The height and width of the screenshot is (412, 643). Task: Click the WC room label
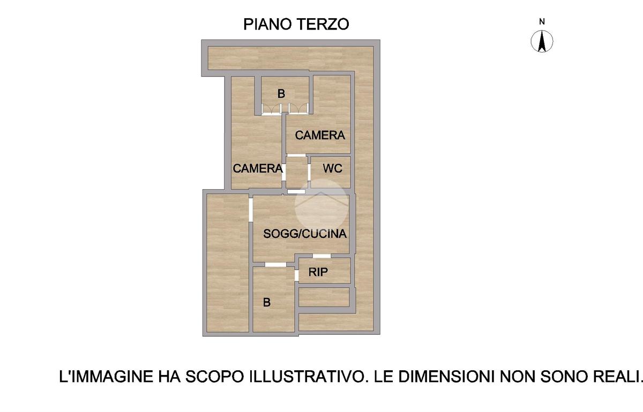(x=332, y=168)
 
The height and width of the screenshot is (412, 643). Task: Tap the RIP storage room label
(x=318, y=272)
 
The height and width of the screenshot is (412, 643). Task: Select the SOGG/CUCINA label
(x=305, y=234)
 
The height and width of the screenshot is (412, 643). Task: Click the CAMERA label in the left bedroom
(x=258, y=168)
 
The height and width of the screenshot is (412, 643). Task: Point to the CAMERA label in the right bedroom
(x=320, y=135)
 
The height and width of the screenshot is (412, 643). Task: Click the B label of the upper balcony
(x=281, y=94)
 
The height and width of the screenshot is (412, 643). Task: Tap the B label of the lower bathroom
(x=267, y=302)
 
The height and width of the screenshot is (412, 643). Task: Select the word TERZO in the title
(x=323, y=24)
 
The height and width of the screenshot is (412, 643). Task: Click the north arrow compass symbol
(x=542, y=42)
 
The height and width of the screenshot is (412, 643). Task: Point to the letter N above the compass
(x=542, y=21)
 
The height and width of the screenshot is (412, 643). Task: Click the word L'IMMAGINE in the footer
(x=106, y=377)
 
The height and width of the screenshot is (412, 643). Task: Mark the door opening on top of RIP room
(x=322, y=256)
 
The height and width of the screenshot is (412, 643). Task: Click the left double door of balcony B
(x=272, y=109)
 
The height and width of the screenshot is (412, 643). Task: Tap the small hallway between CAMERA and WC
(x=297, y=173)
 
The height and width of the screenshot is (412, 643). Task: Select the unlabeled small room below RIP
(x=324, y=297)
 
